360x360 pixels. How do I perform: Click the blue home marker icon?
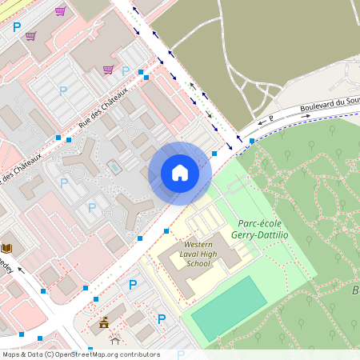[x=180, y=173]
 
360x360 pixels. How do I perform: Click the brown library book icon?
[x=7, y=248]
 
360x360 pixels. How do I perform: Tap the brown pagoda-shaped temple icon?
[x=103, y=323]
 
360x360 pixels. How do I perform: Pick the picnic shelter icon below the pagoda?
[x=114, y=338]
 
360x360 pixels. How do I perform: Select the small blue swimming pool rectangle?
[x=114, y=167]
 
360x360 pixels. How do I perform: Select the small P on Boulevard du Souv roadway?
[x=271, y=118]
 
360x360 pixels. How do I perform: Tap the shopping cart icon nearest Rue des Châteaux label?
[x=107, y=70]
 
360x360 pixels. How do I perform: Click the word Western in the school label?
[x=199, y=244]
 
